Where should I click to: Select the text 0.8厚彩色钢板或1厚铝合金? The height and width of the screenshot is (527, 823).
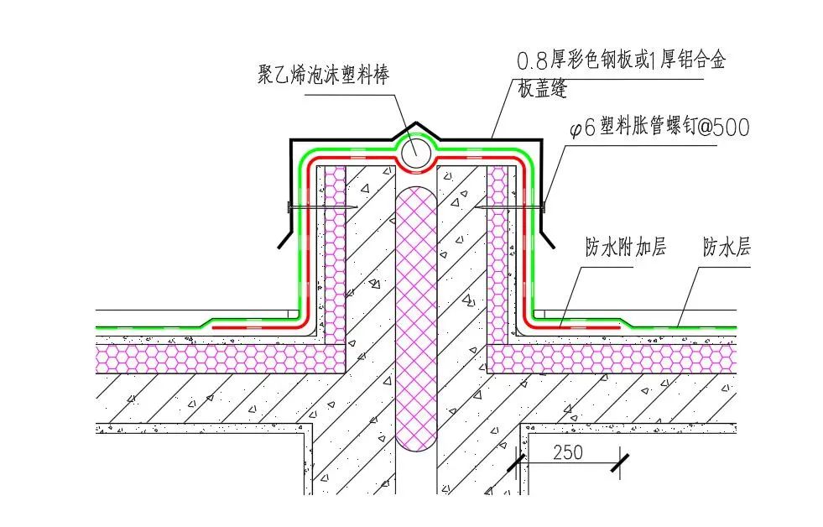(x=621, y=61)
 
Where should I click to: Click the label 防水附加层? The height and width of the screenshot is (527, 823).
(x=625, y=248)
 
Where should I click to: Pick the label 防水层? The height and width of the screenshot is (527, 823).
(x=726, y=248)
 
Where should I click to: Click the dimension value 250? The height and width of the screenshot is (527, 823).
(x=568, y=452)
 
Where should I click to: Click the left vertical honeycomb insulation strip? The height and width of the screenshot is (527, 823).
(x=336, y=252)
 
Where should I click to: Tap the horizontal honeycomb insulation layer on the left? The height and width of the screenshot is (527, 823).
(x=218, y=359)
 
